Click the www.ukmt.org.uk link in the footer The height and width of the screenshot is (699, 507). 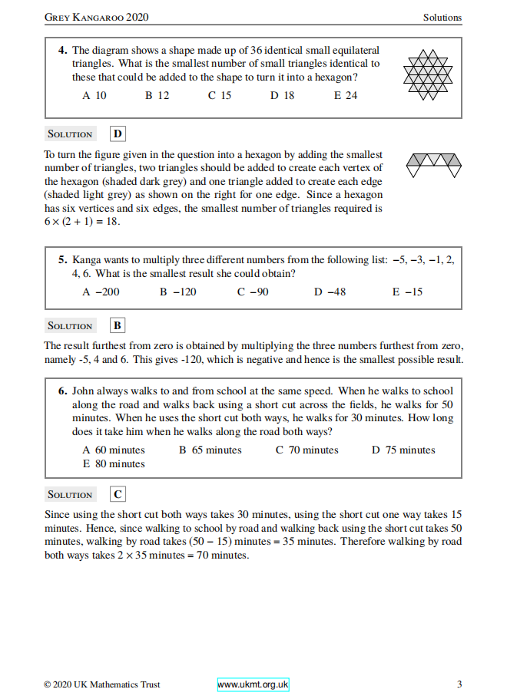(253, 684)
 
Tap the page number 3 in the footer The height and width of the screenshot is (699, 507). (459, 684)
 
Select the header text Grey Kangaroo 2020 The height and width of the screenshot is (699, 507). (97, 17)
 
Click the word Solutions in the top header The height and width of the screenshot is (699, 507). (442, 17)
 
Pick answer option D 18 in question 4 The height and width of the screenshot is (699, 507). (282, 96)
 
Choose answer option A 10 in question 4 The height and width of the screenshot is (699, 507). (94, 96)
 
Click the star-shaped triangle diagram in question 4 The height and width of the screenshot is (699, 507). (427, 74)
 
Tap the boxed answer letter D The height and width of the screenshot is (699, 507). (118, 134)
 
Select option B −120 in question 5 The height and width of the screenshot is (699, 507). (178, 292)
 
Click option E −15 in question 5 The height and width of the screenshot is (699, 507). (407, 292)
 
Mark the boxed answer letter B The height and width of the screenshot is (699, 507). (118, 325)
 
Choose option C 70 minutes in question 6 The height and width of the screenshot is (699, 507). (307, 450)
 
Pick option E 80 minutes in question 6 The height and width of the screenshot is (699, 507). (114, 463)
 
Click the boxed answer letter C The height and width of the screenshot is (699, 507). (118, 494)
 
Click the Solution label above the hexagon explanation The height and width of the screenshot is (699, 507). (70, 134)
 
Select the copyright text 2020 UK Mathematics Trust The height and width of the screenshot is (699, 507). (92, 684)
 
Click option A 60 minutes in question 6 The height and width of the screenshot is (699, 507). (114, 450)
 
